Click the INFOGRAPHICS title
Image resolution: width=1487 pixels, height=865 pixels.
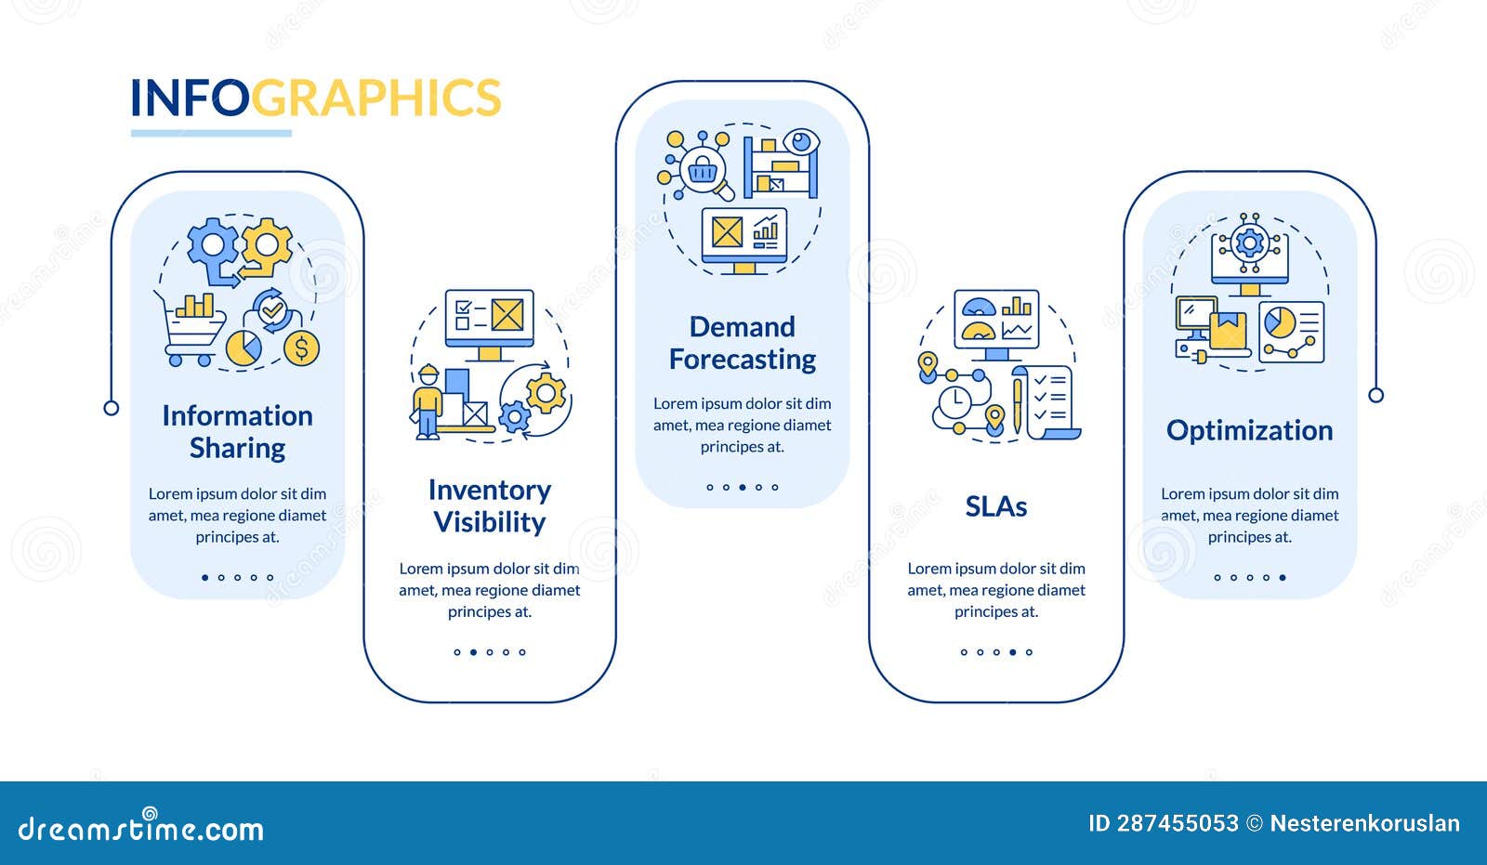point(315,98)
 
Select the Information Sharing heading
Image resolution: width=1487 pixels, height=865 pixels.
point(237,431)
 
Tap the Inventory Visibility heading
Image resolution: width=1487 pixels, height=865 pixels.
point(490,505)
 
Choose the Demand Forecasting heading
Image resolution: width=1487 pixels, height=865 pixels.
point(743,343)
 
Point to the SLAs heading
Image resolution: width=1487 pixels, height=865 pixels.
point(995,506)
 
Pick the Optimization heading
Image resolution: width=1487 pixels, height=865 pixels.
point(1249,430)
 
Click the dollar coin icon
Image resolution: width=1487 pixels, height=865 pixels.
point(300,348)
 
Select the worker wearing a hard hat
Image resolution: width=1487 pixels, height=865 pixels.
point(428,401)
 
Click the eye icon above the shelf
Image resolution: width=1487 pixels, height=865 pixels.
point(800,142)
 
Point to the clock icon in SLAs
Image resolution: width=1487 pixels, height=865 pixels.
point(954,403)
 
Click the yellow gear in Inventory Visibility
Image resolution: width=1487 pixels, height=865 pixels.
point(546,393)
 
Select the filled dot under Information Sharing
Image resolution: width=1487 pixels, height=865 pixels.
point(205,577)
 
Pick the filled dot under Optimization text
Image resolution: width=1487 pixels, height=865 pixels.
point(1283,577)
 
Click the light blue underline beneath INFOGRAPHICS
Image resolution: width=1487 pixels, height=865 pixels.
point(211,134)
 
